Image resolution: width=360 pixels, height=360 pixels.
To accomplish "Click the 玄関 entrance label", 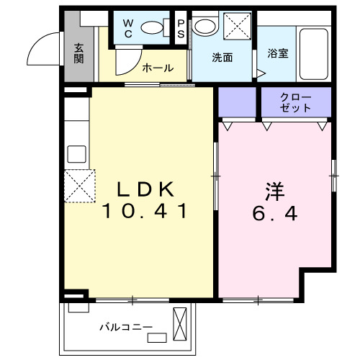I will coord(78,53).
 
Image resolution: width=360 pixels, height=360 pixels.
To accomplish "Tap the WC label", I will coord(127,28).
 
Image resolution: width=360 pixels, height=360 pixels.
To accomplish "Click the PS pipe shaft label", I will coord(181,28).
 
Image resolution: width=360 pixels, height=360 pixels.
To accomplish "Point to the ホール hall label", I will coord(157,68).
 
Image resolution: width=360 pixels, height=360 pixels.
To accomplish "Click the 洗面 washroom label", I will coord(221,58).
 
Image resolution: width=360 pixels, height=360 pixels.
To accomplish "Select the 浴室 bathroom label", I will coord(279,54).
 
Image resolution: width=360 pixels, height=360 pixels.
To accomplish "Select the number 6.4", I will coord(274,214).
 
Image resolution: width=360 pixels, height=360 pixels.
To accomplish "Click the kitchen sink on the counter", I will coord(76,154).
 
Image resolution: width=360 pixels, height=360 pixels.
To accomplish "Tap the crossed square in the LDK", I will coord(78,186).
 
